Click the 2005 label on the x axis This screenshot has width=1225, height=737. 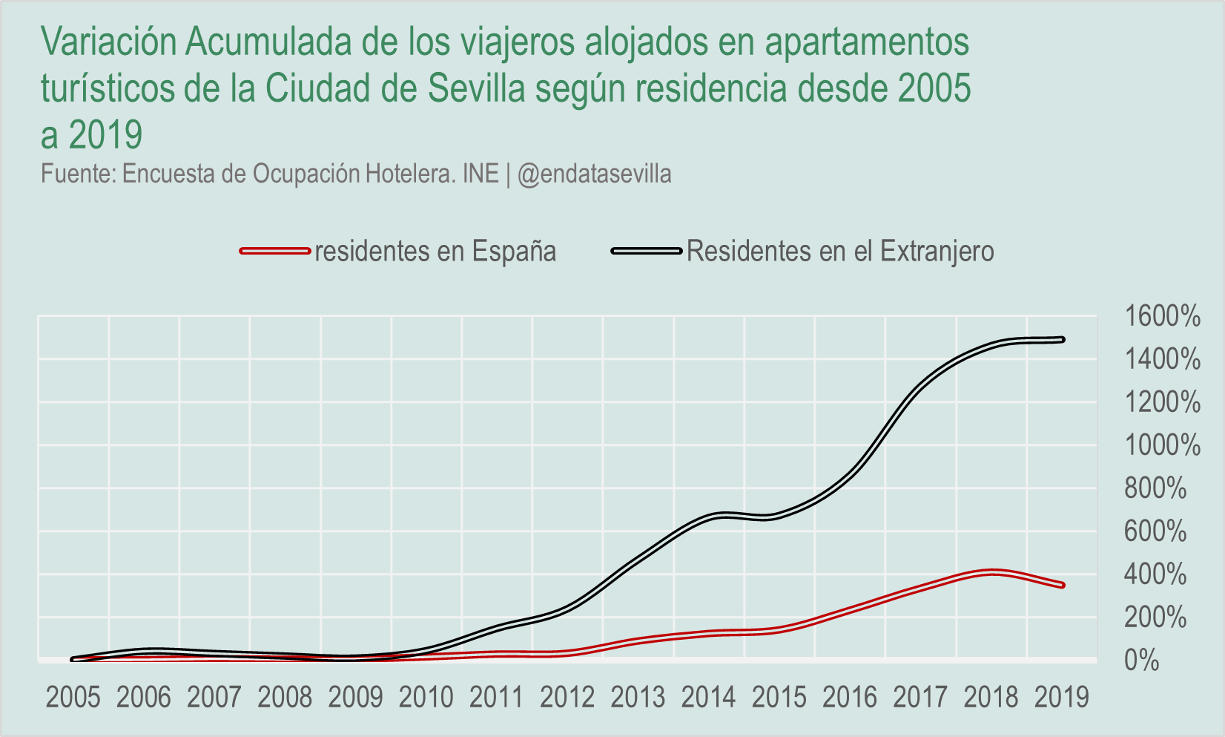point(73,698)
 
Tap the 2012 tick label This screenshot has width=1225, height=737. point(567,698)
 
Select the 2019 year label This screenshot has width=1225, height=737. point(1062,698)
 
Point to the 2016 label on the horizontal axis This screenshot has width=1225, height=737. point(850,698)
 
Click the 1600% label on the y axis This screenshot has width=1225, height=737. point(1162,316)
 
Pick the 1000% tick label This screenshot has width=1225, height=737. point(1162,445)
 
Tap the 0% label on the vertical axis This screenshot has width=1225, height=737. point(1142,660)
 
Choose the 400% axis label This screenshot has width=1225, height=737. point(1155,574)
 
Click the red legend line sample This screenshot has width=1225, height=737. point(274,252)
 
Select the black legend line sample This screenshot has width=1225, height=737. point(646,252)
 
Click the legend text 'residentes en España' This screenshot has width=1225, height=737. point(435,252)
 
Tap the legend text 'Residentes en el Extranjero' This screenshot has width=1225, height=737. point(840,252)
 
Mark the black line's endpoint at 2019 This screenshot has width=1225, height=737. point(1062,340)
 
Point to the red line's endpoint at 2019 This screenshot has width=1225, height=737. point(1062,585)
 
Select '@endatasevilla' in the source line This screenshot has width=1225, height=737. point(595,174)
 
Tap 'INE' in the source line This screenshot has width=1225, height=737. point(481,174)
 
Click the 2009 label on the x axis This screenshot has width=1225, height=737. point(355,698)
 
